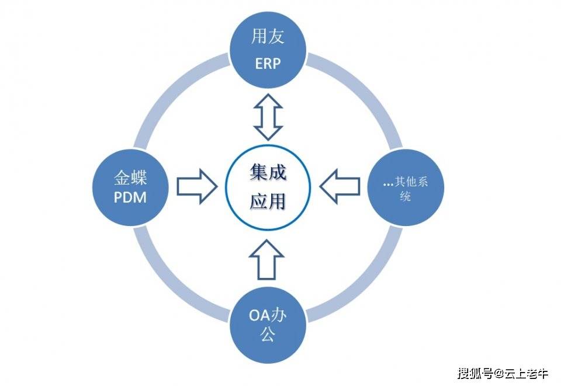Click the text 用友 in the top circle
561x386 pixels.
268,37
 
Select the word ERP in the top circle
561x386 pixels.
268,64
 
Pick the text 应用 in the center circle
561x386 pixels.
268,201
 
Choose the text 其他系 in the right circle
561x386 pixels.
412,182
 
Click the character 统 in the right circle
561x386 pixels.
404,197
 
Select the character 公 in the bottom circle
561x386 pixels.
267,336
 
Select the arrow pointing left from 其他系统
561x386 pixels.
340,186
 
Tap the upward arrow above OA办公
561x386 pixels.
267,258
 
